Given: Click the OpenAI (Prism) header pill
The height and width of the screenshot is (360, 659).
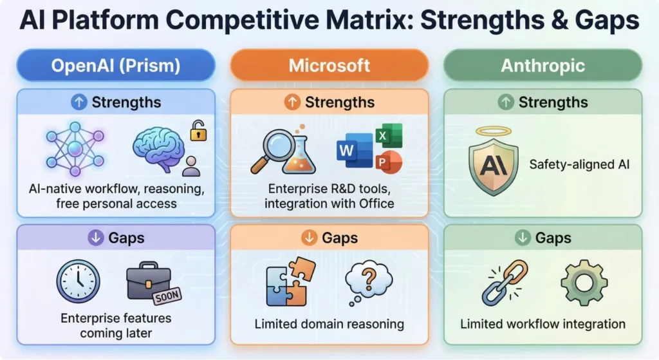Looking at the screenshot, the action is (x=116, y=65).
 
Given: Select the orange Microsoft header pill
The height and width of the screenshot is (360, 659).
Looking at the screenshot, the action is (x=329, y=65).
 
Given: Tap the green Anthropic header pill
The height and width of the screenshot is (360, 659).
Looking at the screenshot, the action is (x=543, y=65).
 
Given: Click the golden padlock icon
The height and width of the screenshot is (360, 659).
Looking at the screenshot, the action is (x=198, y=130).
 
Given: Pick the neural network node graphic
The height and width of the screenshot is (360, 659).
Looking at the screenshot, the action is (x=75, y=149).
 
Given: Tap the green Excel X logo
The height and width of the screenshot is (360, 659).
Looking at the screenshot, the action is (x=389, y=135).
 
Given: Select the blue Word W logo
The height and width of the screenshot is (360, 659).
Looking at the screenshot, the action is (x=355, y=150).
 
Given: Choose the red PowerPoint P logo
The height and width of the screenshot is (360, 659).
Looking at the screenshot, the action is (x=389, y=162).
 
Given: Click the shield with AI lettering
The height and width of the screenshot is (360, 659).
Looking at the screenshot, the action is (x=494, y=167).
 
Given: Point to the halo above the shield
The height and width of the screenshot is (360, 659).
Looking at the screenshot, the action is (x=494, y=131).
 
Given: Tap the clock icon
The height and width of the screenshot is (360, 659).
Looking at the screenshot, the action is (x=78, y=281).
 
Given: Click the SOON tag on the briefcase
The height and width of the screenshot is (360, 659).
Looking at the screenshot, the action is (x=167, y=296).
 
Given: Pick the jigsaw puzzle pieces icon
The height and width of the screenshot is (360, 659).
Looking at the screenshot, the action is (x=291, y=281).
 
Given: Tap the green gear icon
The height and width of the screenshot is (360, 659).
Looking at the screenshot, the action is (x=584, y=283).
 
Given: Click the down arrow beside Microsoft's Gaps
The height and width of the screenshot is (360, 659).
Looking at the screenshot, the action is (x=309, y=238).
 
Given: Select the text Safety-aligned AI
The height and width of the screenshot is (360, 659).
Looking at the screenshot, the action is (x=579, y=164).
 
